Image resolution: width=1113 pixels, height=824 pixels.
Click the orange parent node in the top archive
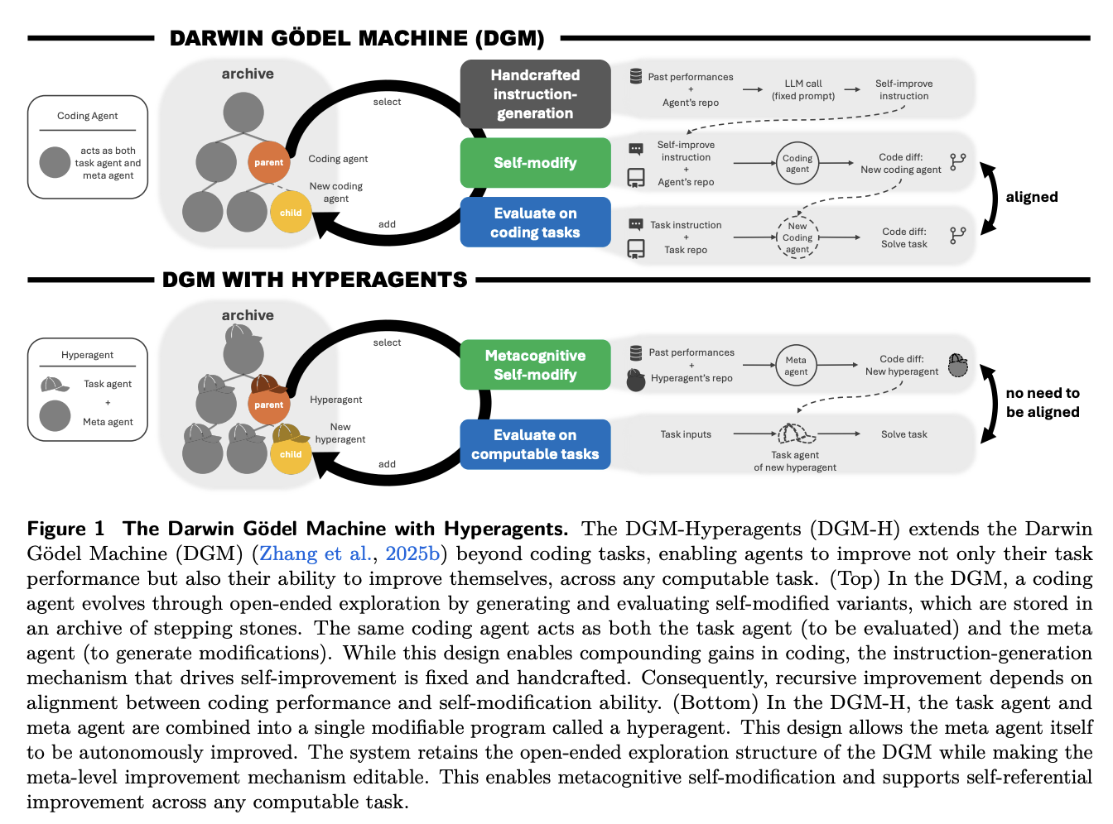click(x=268, y=162)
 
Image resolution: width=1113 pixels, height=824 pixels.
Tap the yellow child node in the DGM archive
click(x=291, y=212)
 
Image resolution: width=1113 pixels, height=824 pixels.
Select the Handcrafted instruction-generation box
click(x=535, y=93)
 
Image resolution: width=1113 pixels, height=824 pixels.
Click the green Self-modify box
click(x=535, y=162)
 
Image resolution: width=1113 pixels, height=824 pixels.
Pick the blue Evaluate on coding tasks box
click(x=535, y=223)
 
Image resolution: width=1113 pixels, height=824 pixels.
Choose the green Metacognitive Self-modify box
click(x=535, y=365)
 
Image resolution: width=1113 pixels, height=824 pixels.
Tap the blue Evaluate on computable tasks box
click(x=535, y=444)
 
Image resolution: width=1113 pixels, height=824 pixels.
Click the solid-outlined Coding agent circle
click(x=797, y=163)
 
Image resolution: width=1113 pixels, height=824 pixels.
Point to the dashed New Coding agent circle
click(x=797, y=237)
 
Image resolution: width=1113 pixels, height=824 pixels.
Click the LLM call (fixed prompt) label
click(x=803, y=90)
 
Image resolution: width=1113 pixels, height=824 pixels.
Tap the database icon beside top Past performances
click(x=636, y=76)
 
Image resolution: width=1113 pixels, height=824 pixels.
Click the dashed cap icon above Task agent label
click(x=797, y=434)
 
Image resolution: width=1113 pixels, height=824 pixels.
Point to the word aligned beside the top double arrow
click(x=1032, y=197)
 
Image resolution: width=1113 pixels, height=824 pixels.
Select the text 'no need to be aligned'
click(x=1043, y=402)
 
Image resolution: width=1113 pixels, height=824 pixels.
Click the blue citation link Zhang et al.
click(x=315, y=553)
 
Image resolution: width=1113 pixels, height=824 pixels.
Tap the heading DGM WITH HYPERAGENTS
click(x=315, y=280)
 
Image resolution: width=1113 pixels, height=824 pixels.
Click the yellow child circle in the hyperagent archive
click(x=291, y=454)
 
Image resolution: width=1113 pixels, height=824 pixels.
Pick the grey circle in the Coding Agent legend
click(x=55, y=162)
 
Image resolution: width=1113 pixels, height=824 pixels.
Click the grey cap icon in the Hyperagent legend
click(x=55, y=385)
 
